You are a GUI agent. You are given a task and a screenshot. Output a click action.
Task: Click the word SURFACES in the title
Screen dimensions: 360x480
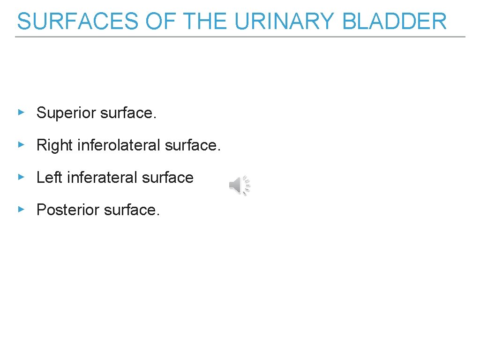pyautogui.click(x=77, y=22)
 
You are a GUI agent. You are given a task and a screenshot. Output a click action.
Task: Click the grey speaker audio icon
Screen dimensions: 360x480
pyautogui.click(x=240, y=186)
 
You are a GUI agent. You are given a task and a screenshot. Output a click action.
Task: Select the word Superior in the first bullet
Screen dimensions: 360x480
pyautogui.click(x=67, y=113)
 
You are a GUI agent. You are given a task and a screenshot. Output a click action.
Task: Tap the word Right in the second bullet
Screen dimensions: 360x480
pyautogui.click(x=55, y=145)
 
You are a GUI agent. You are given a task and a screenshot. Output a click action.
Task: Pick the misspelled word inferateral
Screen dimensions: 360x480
pyautogui.click(x=102, y=178)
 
